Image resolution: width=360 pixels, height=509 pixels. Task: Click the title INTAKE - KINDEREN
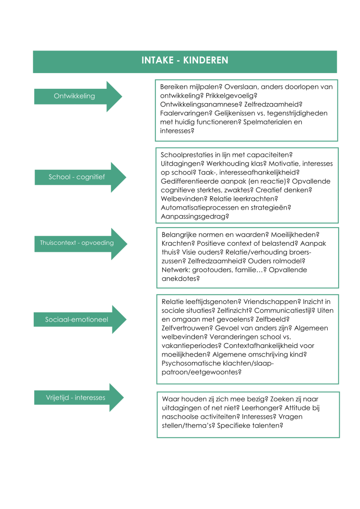(185, 61)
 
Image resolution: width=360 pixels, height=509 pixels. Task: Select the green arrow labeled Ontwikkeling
(74, 96)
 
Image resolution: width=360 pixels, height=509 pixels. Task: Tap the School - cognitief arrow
(77, 177)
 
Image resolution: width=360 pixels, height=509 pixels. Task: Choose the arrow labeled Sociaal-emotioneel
(77, 320)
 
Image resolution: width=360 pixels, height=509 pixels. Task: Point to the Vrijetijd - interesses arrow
(76, 397)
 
